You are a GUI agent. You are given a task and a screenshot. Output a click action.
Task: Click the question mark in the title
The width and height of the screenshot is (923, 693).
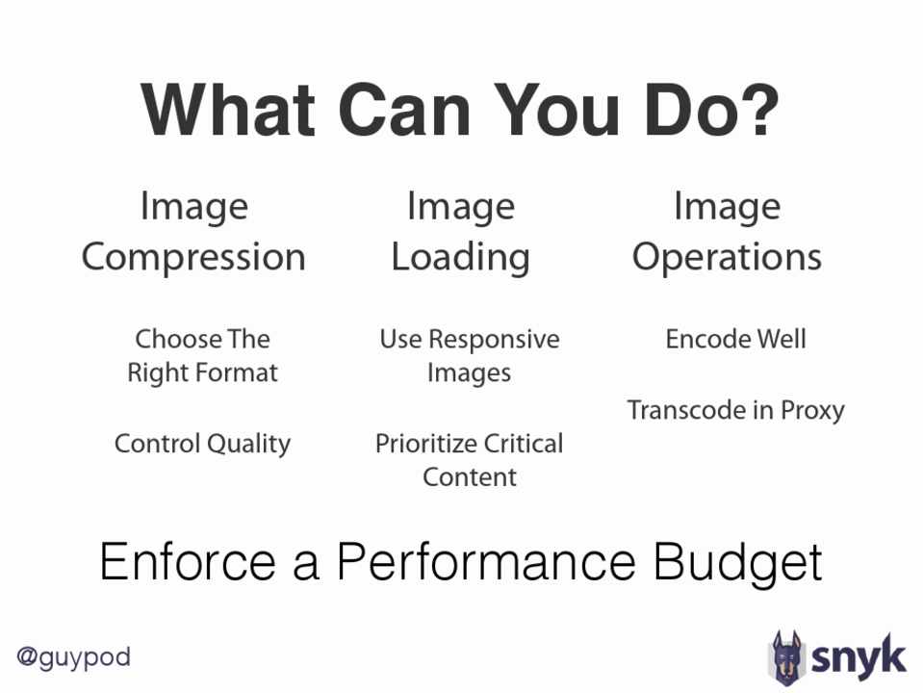click(758, 109)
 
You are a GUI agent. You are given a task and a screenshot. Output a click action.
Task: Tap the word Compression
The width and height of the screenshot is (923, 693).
click(193, 257)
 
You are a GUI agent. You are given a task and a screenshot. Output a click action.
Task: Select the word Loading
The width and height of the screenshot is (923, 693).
click(461, 258)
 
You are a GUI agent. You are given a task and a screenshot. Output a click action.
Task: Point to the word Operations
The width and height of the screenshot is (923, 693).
click(727, 257)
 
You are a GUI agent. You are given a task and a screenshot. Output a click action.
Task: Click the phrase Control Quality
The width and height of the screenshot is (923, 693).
click(202, 444)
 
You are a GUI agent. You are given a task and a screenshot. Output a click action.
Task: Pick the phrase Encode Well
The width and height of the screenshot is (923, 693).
click(736, 339)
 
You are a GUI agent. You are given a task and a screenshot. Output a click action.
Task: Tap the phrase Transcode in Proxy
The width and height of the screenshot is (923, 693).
click(736, 410)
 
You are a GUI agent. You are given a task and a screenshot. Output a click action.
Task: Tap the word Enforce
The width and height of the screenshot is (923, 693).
click(188, 562)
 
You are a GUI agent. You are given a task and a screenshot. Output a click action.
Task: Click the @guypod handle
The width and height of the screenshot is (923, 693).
click(73, 657)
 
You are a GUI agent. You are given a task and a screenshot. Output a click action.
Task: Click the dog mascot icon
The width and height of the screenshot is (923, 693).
click(786, 658)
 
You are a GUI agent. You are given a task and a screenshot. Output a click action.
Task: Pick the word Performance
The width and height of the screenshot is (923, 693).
click(486, 562)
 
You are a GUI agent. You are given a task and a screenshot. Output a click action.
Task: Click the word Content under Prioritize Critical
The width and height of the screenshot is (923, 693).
click(469, 477)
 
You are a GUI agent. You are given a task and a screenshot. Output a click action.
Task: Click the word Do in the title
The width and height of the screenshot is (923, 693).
click(687, 110)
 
